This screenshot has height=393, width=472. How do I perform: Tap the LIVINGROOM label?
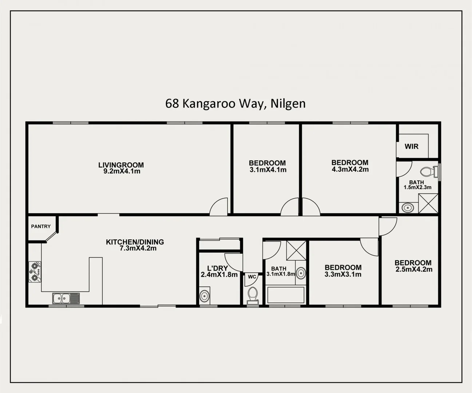[121, 165]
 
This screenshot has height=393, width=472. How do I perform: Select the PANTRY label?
[41, 226]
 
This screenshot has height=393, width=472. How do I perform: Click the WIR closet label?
[412, 146]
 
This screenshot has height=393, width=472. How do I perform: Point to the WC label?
[252, 277]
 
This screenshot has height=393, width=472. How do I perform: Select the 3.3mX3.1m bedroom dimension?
[343, 274]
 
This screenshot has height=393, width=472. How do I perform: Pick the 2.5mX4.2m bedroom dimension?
[414, 270]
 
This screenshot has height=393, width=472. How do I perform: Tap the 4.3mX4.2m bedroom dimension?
[350, 169]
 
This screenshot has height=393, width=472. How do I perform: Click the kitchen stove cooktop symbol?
[35, 272]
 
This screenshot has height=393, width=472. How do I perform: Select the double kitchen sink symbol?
[66, 298]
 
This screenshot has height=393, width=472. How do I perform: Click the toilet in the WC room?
[252, 294]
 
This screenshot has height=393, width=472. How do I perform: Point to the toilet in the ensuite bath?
[427, 171]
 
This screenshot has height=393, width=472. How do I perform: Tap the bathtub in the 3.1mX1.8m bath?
[286, 295]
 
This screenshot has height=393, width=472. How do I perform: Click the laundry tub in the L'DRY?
[205, 295]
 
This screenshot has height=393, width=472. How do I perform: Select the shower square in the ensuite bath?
[428, 203]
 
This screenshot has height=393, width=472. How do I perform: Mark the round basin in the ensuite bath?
[408, 208]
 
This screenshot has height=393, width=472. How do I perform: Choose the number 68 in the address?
[172, 104]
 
